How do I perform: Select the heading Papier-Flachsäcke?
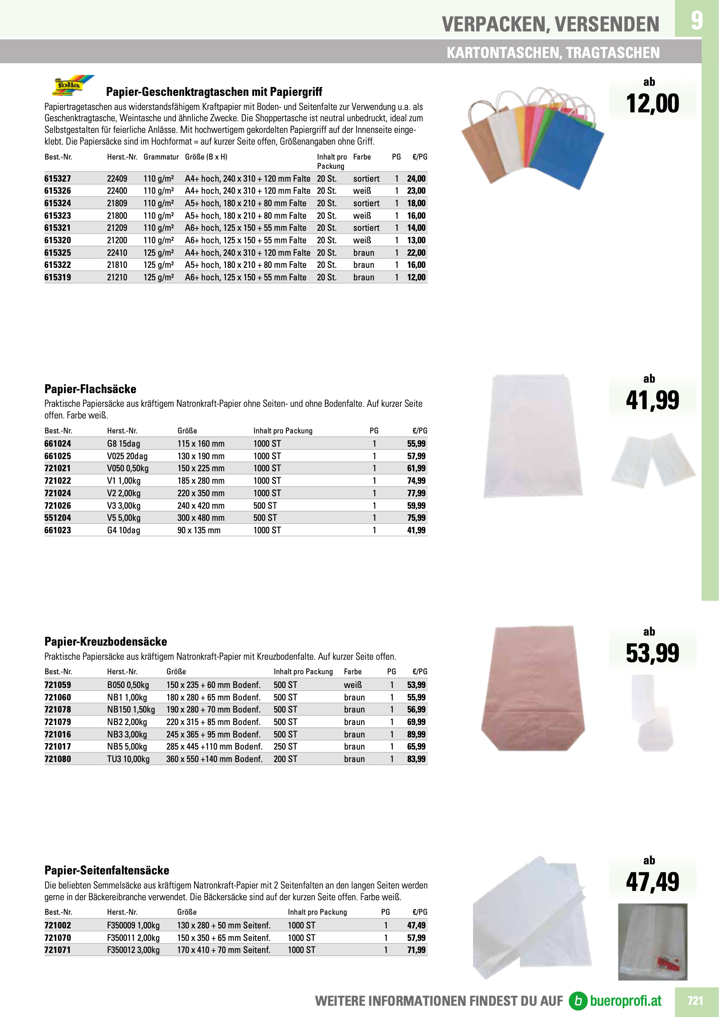click(90, 389)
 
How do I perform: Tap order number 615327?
click(58, 178)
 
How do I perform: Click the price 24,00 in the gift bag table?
click(416, 178)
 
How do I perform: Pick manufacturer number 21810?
click(117, 265)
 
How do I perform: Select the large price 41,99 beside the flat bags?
click(652, 400)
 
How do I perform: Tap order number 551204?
click(58, 518)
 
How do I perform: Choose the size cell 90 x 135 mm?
click(199, 530)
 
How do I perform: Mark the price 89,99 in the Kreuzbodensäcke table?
click(416, 734)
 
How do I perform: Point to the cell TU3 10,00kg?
click(128, 759)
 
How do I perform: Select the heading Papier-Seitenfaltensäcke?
click(107, 870)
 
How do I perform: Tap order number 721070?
click(58, 938)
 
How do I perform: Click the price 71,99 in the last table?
click(416, 950)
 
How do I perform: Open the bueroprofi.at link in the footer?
click(616, 1001)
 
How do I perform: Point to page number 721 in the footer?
click(695, 1001)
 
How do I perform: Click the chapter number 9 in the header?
click(696, 20)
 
